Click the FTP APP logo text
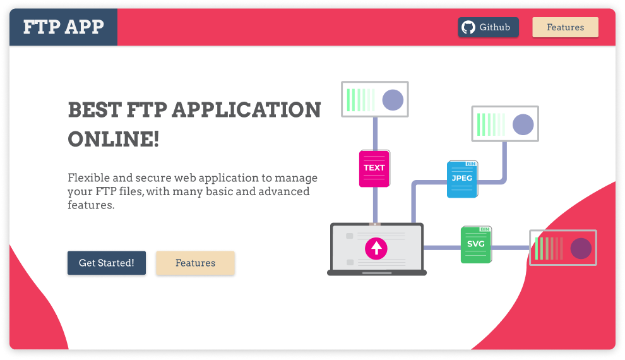(63, 27)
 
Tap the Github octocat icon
(468, 27)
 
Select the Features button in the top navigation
(565, 27)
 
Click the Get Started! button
(107, 263)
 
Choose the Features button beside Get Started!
(195, 263)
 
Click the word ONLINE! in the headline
(114, 139)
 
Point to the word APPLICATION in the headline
(246, 109)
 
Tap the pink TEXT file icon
(374, 168)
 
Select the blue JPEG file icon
(462, 179)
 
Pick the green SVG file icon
(475, 244)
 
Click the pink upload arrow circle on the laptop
(376, 248)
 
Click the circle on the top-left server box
(393, 100)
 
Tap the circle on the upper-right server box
(523, 124)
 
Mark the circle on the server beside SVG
(581, 248)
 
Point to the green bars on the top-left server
(360, 100)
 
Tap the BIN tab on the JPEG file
(470, 164)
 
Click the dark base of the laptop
(377, 273)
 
